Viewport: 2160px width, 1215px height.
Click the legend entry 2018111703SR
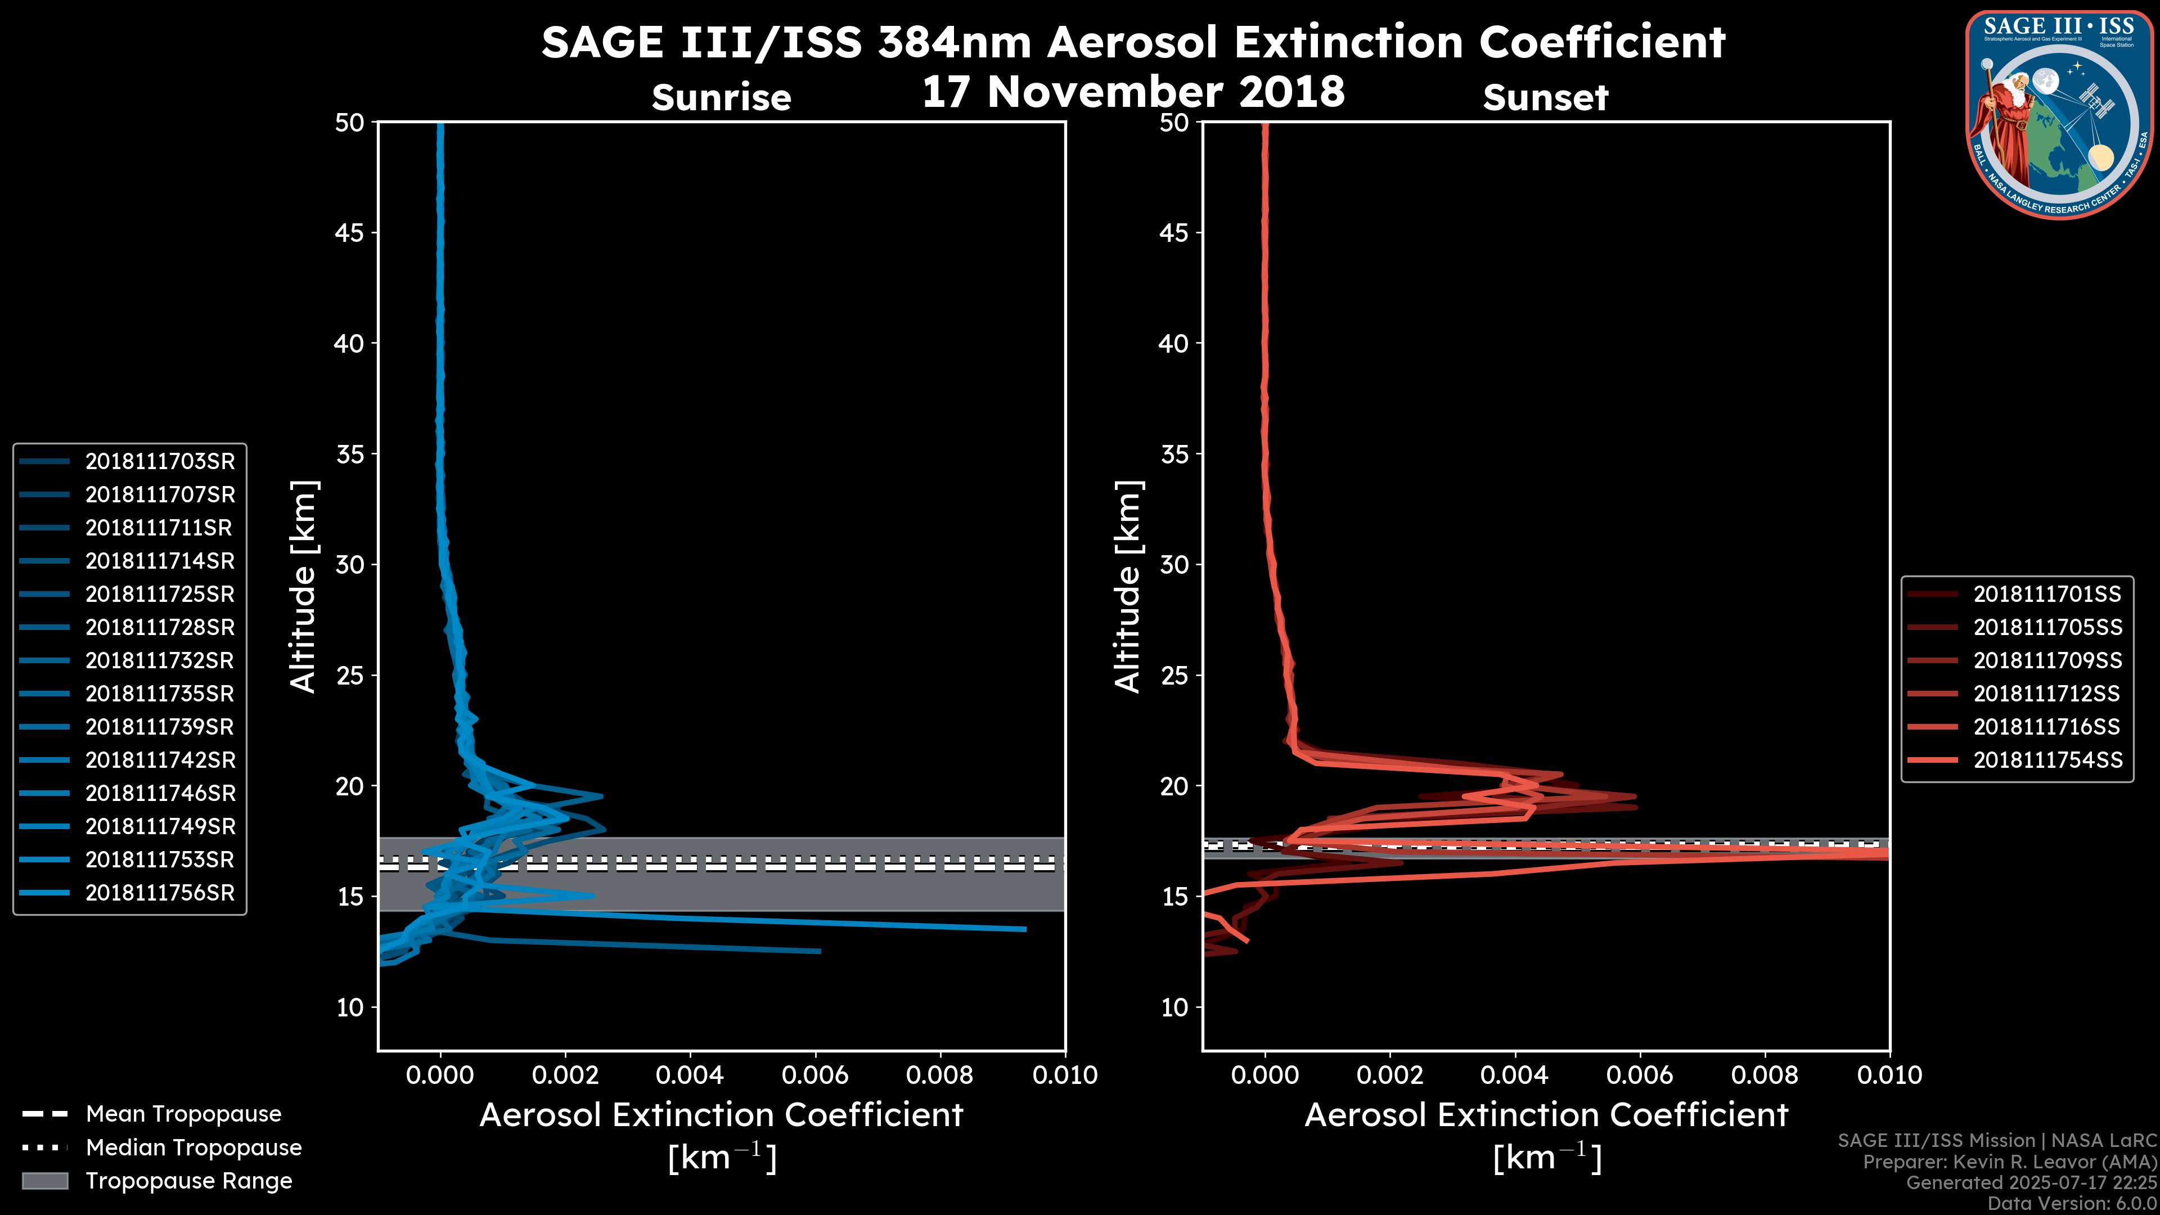[159, 461]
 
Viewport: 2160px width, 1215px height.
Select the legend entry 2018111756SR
[159, 893]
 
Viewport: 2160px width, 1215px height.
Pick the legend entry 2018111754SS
[2047, 760]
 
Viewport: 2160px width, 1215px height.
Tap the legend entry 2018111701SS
[2047, 593]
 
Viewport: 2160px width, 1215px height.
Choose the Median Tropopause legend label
[193, 1147]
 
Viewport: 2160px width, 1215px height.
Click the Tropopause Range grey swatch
[44, 1181]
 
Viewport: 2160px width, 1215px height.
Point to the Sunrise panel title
[721, 97]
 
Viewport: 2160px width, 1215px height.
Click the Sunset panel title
[1545, 97]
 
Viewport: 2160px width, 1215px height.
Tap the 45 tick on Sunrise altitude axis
[350, 232]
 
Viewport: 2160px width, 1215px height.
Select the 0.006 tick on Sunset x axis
[1641, 1075]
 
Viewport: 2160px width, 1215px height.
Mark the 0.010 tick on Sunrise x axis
[1065, 1075]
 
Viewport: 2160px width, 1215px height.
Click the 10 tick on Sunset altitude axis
[1174, 1007]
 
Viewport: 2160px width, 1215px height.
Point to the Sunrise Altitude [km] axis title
[303, 587]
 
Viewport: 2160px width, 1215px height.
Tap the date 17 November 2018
[1133, 91]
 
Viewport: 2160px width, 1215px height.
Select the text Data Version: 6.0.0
[2073, 1203]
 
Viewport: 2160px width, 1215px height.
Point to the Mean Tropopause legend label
[183, 1114]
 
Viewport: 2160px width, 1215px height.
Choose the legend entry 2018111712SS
[2047, 694]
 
